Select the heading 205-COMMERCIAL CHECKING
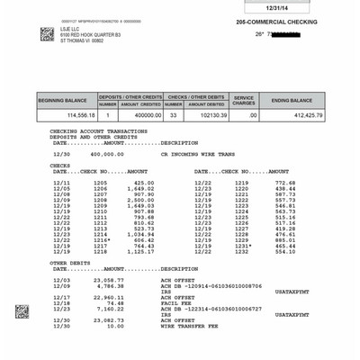(x=276, y=21)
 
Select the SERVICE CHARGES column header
(x=244, y=101)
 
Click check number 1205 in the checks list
(x=101, y=182)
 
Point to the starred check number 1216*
(x=102, y=241)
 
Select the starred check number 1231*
(x=243, y=247)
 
